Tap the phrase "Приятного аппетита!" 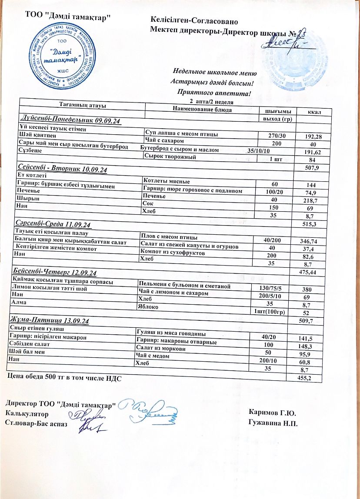(214, 92)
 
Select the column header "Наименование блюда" (202, 109)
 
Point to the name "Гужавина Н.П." (273, 422)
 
